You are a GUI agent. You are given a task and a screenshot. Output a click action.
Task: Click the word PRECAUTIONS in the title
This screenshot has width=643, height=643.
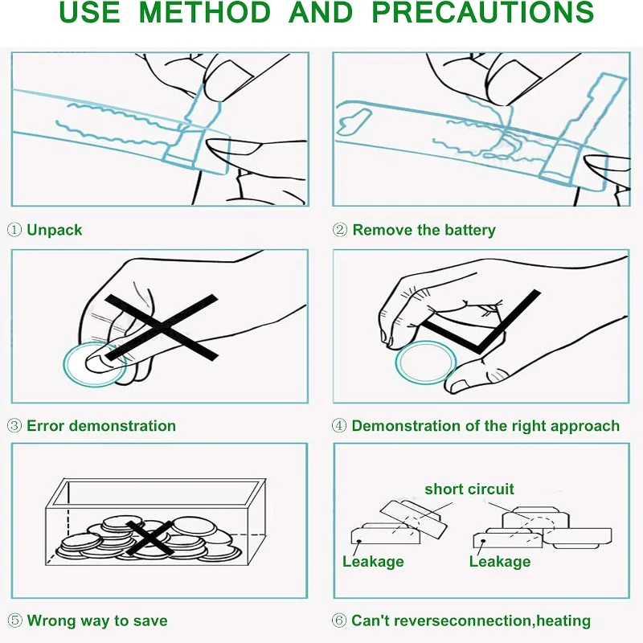tap(483, 13)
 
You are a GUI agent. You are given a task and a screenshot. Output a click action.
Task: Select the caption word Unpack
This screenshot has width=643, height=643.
tap(55, 230)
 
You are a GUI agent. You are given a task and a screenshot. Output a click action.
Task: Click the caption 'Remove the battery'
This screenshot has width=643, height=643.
tap(424, 230)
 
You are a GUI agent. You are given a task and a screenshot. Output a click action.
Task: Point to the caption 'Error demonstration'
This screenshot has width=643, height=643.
tap(101, 426)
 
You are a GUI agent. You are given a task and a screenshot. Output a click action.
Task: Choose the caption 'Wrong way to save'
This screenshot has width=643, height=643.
tap(97, 620)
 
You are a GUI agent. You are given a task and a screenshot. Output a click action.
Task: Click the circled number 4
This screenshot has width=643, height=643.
tap(340, 426)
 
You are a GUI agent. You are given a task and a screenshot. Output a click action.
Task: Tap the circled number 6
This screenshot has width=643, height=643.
tap(340, 620)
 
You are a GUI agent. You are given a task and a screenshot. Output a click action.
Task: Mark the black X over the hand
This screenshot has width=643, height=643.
tap(161, 326)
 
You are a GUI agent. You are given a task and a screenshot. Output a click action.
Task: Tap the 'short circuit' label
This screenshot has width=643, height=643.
tap(469, 489)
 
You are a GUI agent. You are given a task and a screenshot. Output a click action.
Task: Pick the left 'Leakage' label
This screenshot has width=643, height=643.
tap(373, 561)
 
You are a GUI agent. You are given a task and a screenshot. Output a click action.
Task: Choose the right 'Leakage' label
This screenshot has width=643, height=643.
tap(500, 561)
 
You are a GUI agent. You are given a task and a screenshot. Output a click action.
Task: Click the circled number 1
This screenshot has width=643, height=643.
tap(14, 230)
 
